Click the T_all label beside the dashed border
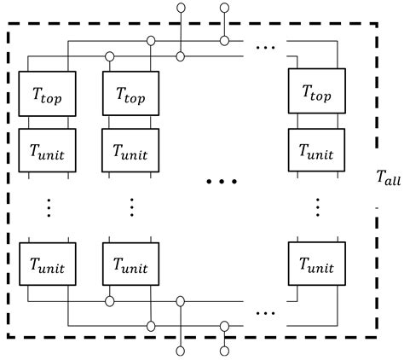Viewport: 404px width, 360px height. pyautogui.click(x=389, y=177)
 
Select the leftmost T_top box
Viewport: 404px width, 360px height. pyautogui.click(x=47, y=94)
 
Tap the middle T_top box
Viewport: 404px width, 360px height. pyautogui.click(x=130, y=93)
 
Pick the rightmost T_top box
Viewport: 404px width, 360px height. pyautogui.click(x=317, y=91)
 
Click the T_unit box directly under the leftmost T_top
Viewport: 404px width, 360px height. pyautogui.click(x=47, y=150)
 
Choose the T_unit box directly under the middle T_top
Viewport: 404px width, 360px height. pyautogui.click(x=130, y=150)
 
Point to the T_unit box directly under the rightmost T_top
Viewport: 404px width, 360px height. pyautogui.click(x=316, y=150)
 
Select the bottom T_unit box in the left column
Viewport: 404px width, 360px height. pyautogui.click(x=48, y=264)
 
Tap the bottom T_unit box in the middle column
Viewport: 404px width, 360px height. pyautogui.click(x=130, y=264)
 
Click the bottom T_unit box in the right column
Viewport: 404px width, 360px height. pyautogui.click(x=317, y=264)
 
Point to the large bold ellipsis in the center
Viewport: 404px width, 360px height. pyautogui.click(x=222, y=182)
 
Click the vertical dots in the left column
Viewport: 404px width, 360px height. pyautogui.click(x=49, y=208)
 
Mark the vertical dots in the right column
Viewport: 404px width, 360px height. pyautogui.click(x=318, y=207)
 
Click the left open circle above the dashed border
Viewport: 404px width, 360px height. pyautogui.click(x=181, y=8)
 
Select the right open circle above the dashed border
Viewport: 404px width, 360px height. pyautogui.click(x=224, y=8)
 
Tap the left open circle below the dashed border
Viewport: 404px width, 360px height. pyautogui.click(x=180, y=351)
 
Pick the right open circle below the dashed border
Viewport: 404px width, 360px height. pyautogui.click(x=224, y=351)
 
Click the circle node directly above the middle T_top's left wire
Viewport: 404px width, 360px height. pyautogui.click(x=109, y=56)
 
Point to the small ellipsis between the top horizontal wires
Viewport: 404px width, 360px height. pyautogui.click(x=266, y=47)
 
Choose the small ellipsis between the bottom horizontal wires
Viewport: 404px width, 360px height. pyautogui.click(x=266, y=313)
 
